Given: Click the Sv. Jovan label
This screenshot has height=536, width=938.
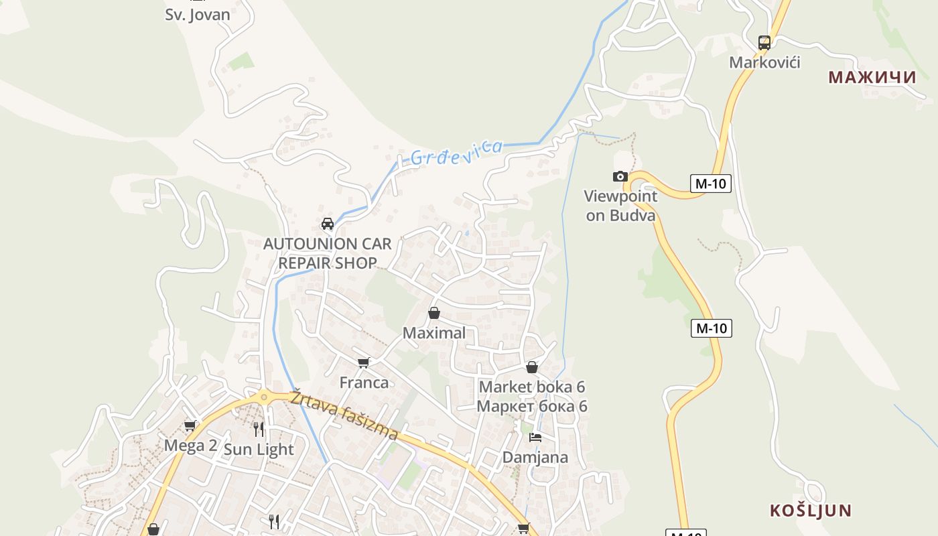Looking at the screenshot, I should coord(197,15).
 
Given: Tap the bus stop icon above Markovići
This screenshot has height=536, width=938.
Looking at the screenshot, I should coord(764,43).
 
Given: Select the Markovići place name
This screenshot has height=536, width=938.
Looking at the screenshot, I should coord(764,62).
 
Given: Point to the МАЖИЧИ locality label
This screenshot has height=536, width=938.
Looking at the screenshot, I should coord(872,77).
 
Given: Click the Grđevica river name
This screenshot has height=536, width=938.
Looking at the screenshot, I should coord(456,152).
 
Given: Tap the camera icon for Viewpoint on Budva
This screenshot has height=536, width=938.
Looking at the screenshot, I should coord(620,177).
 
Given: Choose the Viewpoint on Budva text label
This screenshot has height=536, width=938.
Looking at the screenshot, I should coord(620,206).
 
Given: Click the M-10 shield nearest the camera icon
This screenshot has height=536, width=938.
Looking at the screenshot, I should coord(710,183).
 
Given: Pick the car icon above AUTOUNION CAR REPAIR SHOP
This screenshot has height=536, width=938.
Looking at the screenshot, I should coord(328,224).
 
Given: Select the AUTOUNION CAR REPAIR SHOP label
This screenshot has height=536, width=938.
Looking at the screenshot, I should coord(328,253).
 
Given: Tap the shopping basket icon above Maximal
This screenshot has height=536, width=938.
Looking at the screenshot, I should coord(434,313).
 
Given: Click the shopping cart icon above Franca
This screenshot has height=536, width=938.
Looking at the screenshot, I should coord(364,362).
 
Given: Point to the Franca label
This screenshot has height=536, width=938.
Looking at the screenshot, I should coord(364,383).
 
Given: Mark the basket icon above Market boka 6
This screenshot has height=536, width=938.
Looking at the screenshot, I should coord(532,367).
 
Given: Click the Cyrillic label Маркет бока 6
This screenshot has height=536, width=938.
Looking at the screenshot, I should coord(532,406).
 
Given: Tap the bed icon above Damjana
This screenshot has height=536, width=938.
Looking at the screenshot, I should coord(535,438).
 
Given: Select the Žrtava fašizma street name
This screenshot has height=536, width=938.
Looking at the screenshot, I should coord(344,415).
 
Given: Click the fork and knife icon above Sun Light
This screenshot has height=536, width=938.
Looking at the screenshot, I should coord(259,429).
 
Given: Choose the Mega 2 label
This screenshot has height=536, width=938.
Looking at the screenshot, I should coord(190,446).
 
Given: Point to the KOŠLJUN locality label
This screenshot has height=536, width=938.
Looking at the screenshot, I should coord(811,511).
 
